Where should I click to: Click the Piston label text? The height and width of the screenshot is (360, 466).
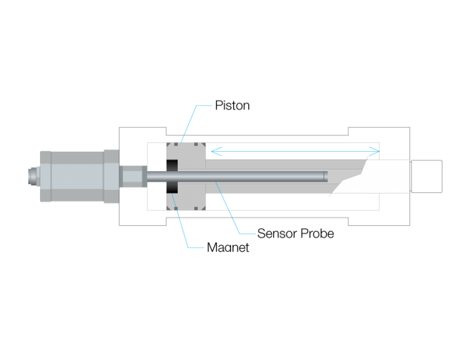click(x=232, y=106)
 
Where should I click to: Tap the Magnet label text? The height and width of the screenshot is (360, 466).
click(x=228, y=247)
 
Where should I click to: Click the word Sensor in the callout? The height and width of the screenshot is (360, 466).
click(x=277, y=233)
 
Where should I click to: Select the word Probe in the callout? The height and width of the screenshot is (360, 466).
click(x=317, y=233)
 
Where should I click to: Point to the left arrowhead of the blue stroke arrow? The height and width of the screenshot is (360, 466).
click(x=212, y=151)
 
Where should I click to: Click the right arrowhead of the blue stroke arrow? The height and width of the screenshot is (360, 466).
click(x=379, y=151)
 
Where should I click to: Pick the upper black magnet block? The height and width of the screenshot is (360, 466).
click(x=172, y=166)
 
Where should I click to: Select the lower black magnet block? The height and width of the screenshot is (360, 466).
click(x=172, y=187)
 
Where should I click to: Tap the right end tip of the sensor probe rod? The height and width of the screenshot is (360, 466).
click(x=327, y=176)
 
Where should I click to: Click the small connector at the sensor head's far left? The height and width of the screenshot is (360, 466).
click(x=34, y=176)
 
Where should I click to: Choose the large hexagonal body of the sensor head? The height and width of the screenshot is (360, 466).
click(x=77, y=176)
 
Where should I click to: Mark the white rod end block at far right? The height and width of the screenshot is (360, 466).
click(x=427, y=176)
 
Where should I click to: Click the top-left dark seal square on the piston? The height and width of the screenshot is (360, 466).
click(x=176, y=144)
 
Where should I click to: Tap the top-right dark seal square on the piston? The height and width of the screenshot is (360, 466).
click(x=196, y=144)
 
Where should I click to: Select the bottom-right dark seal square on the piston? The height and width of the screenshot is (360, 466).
click(x=196, y=208)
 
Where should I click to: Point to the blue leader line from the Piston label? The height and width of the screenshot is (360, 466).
click(x=197, y=124)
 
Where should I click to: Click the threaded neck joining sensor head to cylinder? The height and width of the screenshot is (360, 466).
click(x=133, y=176)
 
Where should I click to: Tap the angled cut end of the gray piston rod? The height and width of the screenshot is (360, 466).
click(x=348, y=177)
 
